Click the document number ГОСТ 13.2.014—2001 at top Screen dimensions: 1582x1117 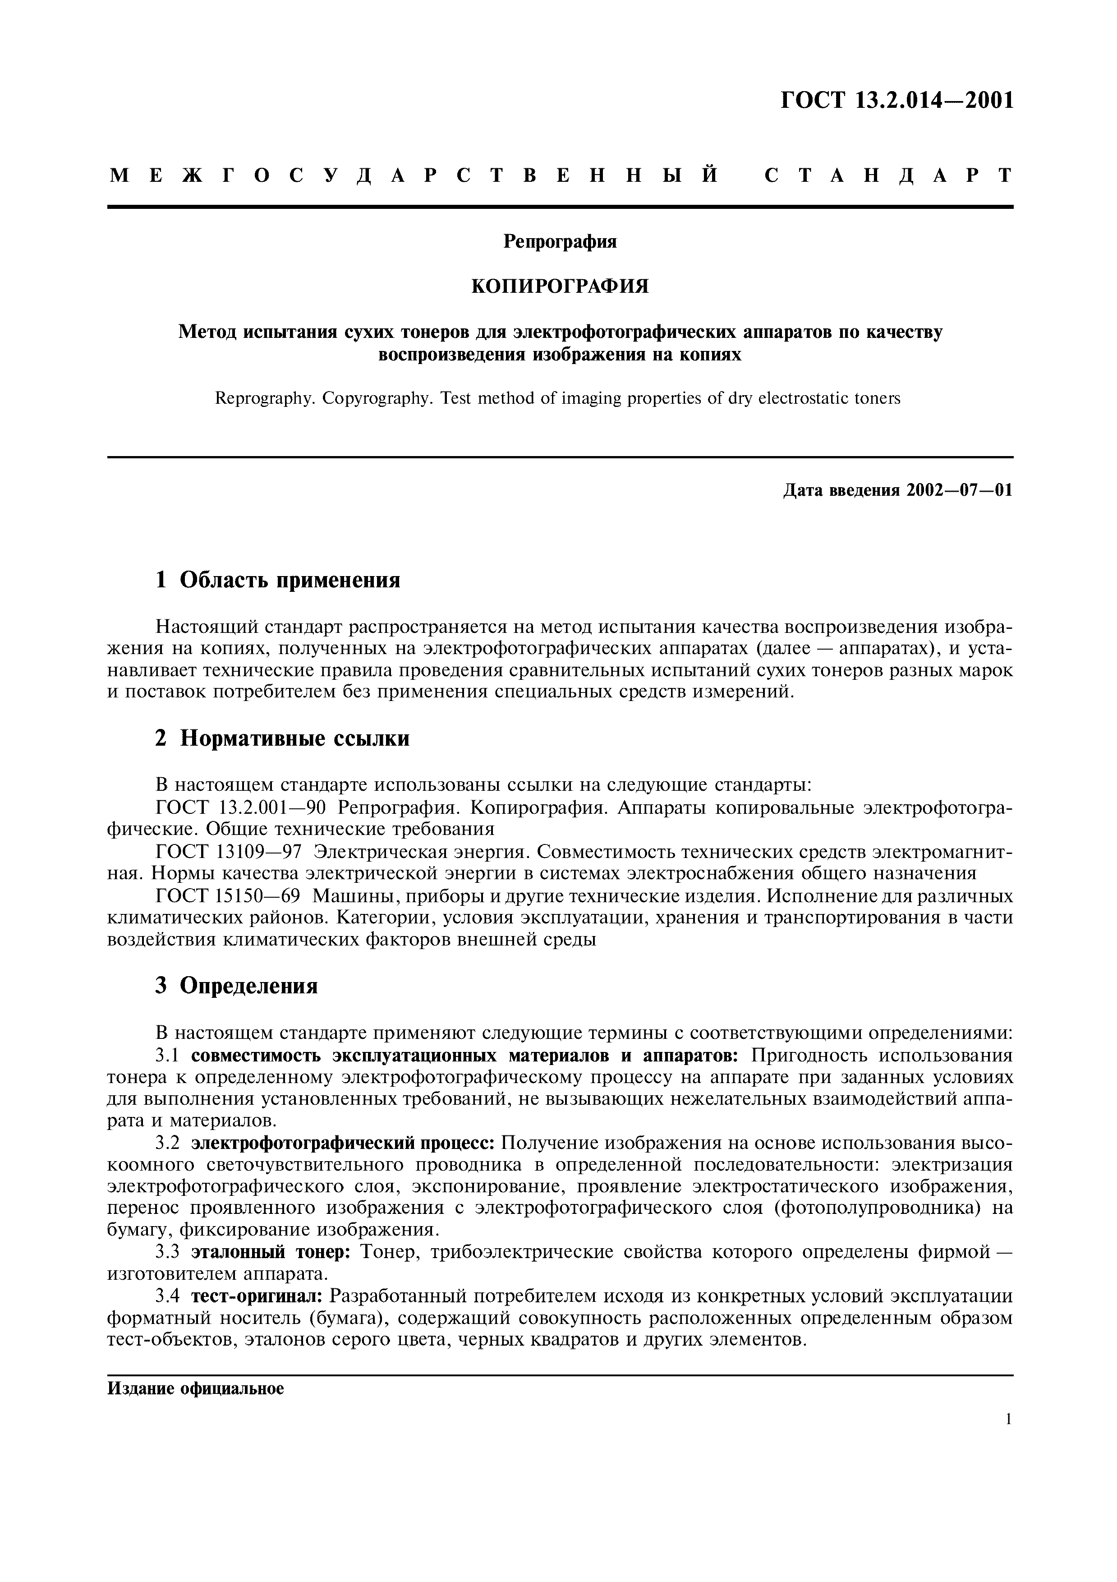click(x=896, y=101)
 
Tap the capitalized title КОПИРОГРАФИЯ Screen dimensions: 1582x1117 click(x=560, y=286)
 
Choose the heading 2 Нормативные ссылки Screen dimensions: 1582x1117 click(x=282, y=738)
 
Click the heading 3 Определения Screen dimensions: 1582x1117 click(x=236, y=986)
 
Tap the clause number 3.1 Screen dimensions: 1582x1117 click(x=167, y=1056)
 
